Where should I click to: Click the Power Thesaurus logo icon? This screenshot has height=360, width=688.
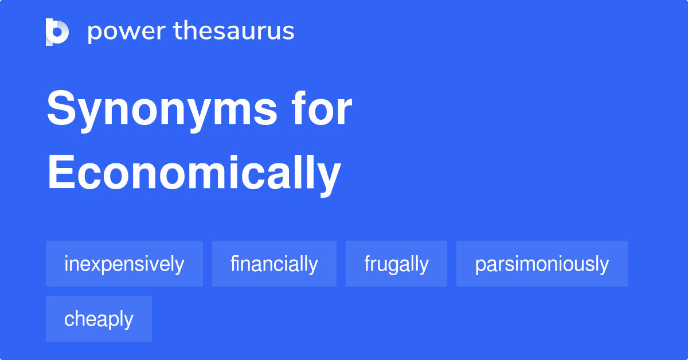coord(57,32)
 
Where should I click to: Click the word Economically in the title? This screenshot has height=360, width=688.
coord(194,173)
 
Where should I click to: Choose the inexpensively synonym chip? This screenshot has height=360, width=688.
coord(124,264)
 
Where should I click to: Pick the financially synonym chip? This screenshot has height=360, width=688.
coord(274,264)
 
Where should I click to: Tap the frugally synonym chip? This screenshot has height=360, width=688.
coord(396,264)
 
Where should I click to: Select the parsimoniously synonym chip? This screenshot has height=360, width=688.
coord(542,264)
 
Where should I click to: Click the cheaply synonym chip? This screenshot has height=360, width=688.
coord(99,319)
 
